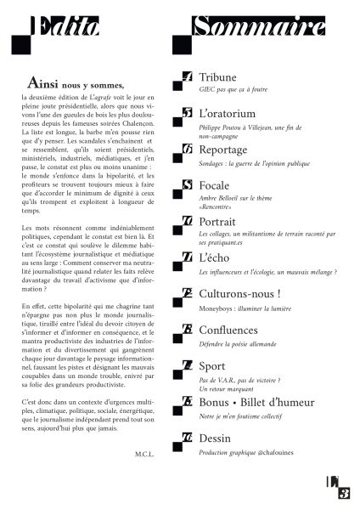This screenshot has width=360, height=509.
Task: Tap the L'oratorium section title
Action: (x=227, y=113)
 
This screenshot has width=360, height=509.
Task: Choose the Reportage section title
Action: (x=224, y=149)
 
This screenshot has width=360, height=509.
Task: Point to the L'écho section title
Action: (x=214, y=257)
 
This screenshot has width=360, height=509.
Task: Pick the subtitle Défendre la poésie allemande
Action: (x=239, y=342)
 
